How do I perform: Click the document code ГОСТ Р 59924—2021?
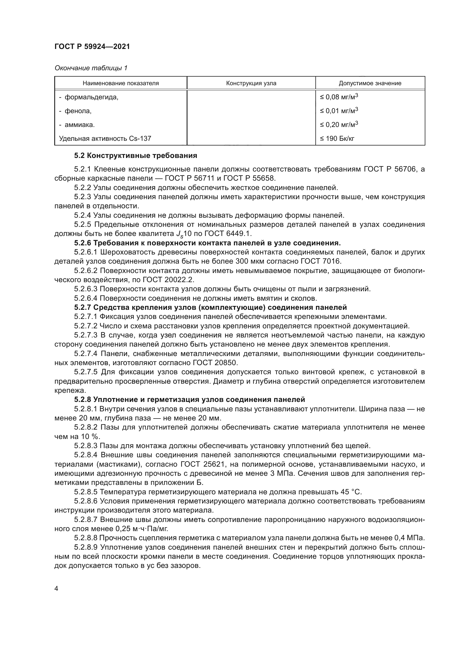[x=92, y=47]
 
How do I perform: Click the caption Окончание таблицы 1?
[x=91, y=68]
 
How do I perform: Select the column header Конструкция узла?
[x=251, y=83]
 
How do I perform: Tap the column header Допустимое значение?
[x=370, y=83]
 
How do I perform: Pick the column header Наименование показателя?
[x=121, y=83]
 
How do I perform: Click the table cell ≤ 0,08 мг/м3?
[x=339, y=97]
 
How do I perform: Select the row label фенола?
[x=78, y=111]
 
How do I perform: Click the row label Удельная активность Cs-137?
[x=105, y=138]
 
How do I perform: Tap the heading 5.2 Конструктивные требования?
[x=135, y=155]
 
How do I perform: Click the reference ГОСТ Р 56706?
[x=390, y=169]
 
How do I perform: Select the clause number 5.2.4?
[x=83, y=215]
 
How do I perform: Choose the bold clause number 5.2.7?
[x=83, y=307]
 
